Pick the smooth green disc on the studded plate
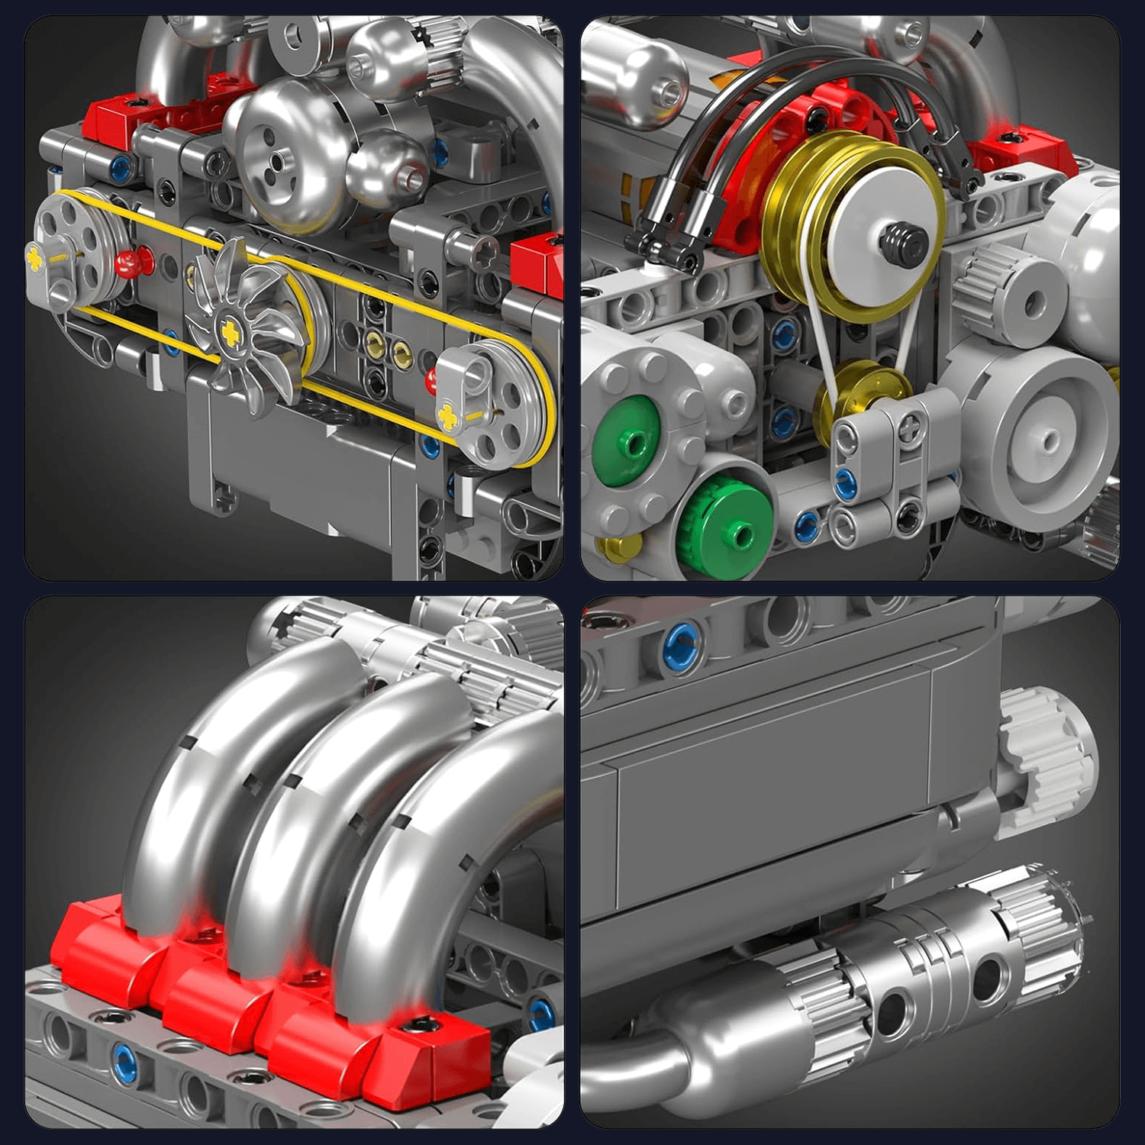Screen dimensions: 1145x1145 tap(627, 442)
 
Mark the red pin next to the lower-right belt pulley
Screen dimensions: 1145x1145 tap(433, 379)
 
